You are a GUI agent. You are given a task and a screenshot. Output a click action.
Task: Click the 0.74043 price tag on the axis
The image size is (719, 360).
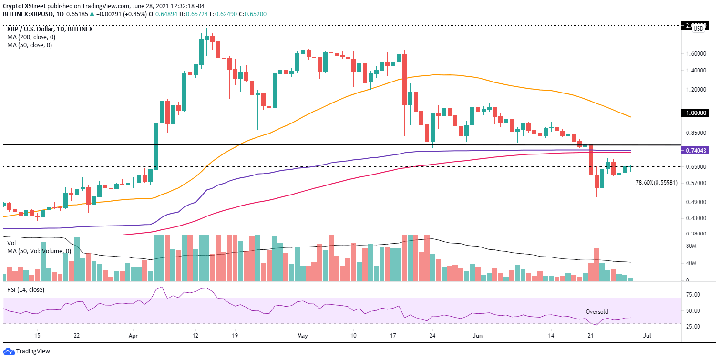point(698,151)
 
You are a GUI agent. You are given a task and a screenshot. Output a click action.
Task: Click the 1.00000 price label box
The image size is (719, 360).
point(698,113)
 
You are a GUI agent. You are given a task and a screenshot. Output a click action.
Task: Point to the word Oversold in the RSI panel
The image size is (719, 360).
point(597,312)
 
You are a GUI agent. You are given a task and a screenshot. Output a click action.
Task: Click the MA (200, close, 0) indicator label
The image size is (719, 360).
point(30,37)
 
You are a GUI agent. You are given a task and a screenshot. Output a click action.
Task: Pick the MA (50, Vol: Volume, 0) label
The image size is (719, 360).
point(38,251)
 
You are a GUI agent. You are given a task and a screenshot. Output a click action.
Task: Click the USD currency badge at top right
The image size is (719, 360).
point(698,29)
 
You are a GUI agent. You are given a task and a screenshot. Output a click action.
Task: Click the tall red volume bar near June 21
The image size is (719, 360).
point(596,264)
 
